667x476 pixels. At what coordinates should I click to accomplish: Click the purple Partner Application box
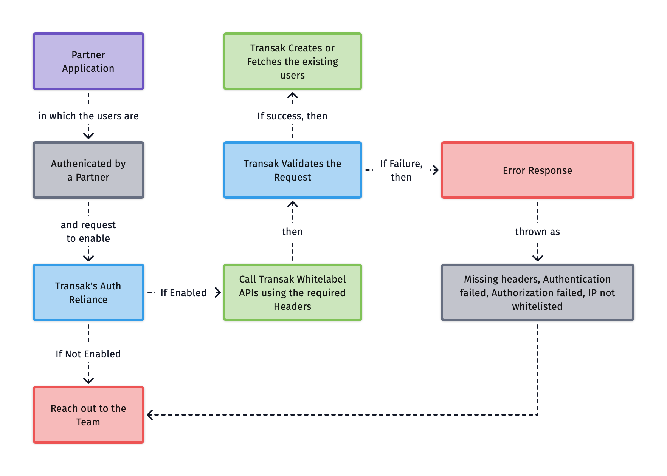[88, 61]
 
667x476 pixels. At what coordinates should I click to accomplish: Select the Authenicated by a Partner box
[88, 170]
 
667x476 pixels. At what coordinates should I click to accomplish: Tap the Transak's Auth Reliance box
[88, 292]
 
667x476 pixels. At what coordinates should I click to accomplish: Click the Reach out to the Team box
[88, 415]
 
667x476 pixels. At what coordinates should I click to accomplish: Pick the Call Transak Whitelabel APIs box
[292, 292]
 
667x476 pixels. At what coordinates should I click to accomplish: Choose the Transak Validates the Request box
[292, 170]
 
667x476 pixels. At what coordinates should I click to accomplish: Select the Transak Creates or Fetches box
[292, 61]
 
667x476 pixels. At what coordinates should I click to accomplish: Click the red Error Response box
[537, 170]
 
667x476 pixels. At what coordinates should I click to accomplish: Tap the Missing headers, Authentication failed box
[537, 292]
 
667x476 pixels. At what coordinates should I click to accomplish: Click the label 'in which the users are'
[88, 116]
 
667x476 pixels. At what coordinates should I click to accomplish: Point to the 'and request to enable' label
[88, 231]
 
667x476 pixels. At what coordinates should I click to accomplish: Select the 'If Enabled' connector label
[183, 293]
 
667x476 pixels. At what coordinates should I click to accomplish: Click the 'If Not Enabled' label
[88, 354]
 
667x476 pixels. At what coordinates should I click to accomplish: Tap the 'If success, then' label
[292, 116]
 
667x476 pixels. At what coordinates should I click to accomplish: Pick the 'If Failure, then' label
[401, 170]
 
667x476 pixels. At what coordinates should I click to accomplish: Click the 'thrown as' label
[537, 232]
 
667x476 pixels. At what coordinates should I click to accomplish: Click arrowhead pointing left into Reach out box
[150, 415]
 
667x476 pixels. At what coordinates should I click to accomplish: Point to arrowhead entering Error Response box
[436, 170]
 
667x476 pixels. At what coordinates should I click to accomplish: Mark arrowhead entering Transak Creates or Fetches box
[292, 95]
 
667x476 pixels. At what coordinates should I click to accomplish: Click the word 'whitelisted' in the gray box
[537, 306]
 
